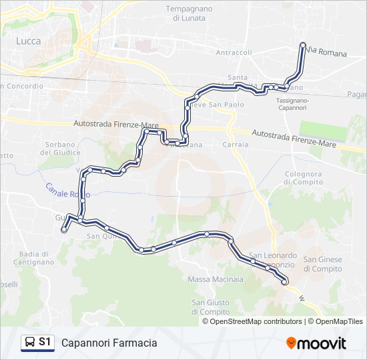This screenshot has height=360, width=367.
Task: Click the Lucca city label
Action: click(28, 41)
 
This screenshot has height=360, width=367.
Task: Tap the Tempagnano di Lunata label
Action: click(188, 14)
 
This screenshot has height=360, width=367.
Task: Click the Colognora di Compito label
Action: click(304, 178)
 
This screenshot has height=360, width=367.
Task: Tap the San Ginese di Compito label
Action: click(322, 264)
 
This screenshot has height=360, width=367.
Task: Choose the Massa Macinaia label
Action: click(211, 279)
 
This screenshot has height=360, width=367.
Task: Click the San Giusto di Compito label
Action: click(211, 307)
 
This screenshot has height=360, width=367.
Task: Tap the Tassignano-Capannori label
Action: click(292, 103)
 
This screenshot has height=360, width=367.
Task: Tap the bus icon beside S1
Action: click(29, 342)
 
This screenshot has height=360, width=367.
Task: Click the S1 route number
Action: click(45, 342)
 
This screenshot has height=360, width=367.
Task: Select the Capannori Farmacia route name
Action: click(109, 343)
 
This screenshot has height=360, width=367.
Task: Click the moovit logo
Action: click(316, 343)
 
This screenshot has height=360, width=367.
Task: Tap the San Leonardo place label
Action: click(272, 255)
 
